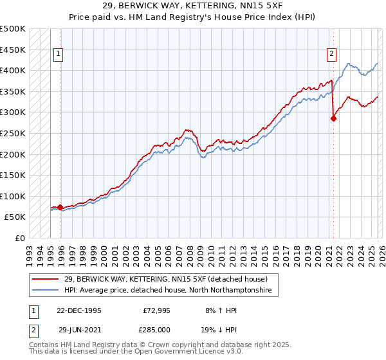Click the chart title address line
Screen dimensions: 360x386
(192, 6)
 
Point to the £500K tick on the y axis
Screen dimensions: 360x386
(13, 29)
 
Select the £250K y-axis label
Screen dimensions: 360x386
(13, 134)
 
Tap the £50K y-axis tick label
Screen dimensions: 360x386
(15, 217)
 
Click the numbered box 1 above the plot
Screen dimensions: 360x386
(59, 55)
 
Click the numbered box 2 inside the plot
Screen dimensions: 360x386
(331, 55)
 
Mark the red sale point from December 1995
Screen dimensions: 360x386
(60, 208)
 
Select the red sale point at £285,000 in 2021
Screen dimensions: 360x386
(333, 118)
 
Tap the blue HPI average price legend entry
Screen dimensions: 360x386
(168, 291)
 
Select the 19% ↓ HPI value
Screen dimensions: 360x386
(219, 329)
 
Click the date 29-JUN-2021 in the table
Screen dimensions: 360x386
(78, 329)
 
